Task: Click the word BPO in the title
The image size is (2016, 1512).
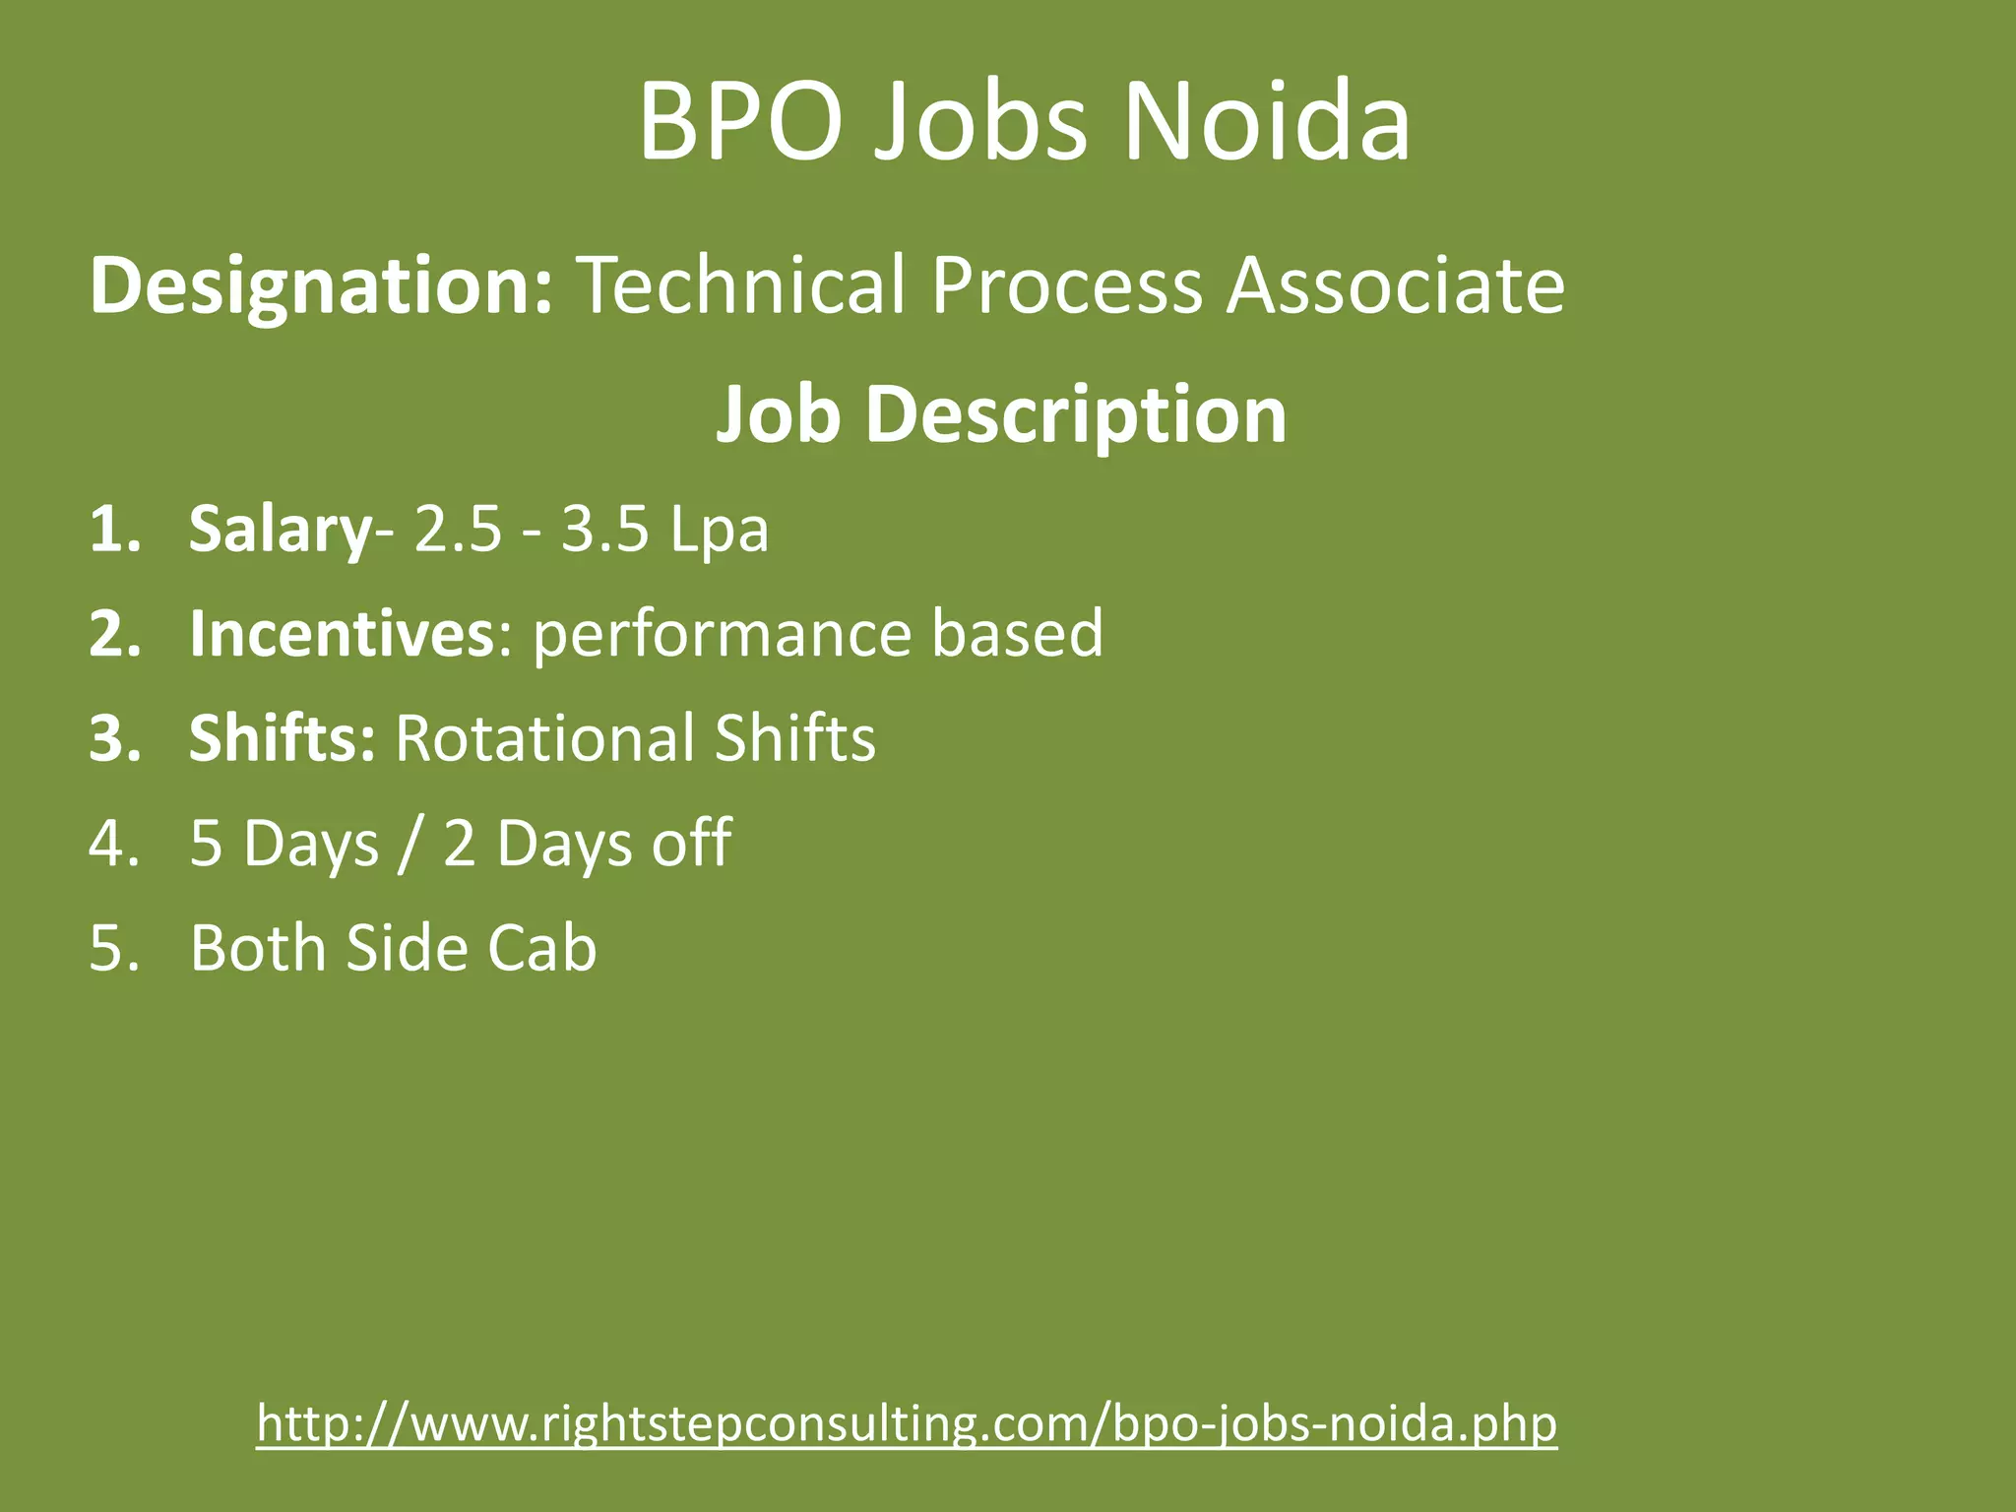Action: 740,123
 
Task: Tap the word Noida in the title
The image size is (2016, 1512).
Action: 1267,123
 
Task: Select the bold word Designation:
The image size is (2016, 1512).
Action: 321,286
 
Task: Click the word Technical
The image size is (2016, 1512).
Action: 739,286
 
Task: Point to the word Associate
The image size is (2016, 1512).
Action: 1395,286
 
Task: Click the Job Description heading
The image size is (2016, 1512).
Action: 1001,414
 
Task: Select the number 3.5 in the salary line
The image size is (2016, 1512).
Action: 604,531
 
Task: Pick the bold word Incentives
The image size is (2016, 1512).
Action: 341,633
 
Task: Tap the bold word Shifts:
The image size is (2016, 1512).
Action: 282,738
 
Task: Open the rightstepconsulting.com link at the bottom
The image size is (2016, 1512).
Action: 907,1422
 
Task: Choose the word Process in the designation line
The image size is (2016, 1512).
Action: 1066,286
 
